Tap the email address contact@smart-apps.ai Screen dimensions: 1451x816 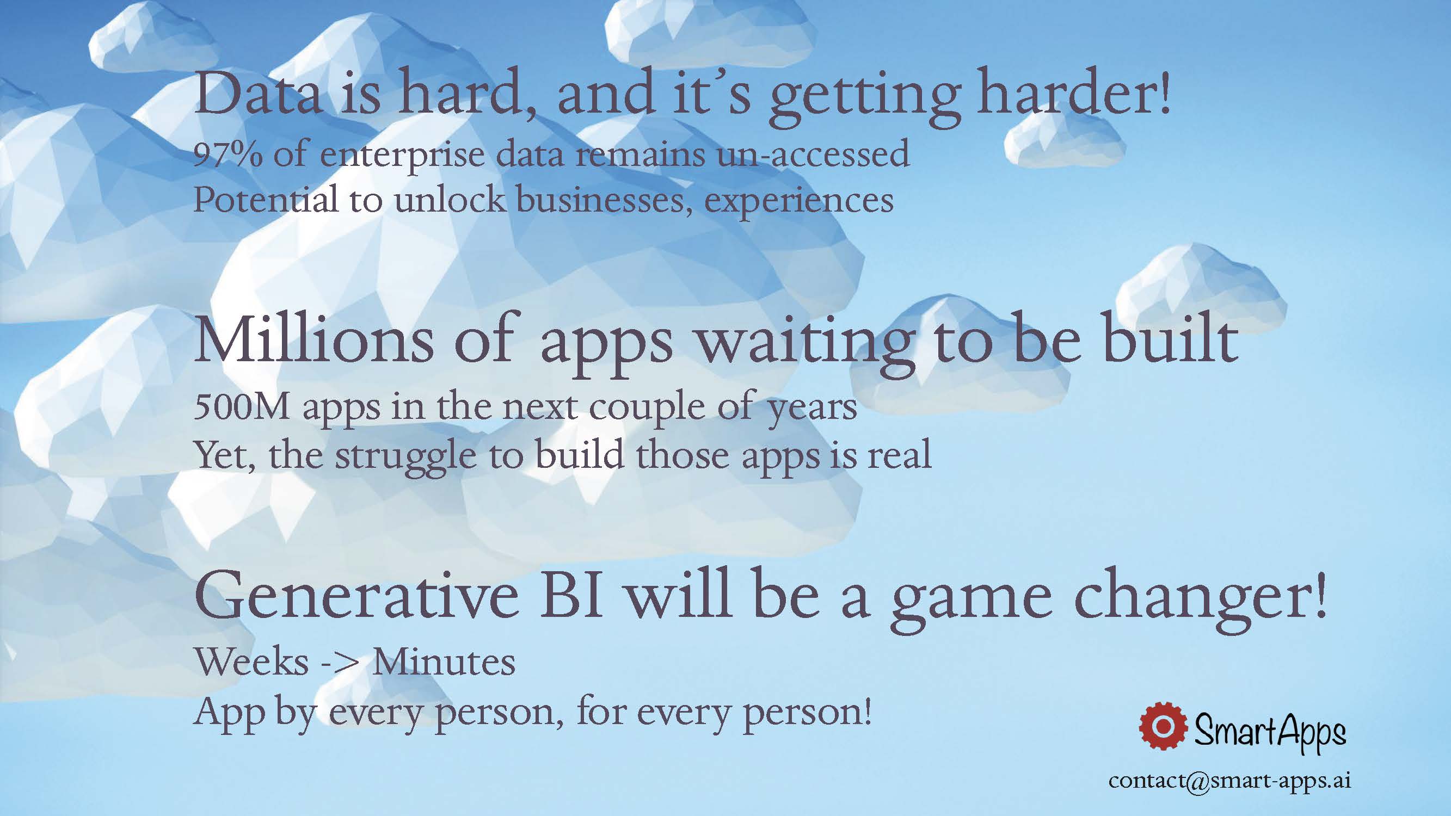[x=1229, y=781]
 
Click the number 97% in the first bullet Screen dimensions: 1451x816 [x=228, y=154]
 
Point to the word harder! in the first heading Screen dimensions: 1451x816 [x=1074, y=95]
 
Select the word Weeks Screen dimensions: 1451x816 [x=252, y=662]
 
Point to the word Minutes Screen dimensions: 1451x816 [x=443, y=662]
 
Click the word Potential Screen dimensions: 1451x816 [x=266, y=199]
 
